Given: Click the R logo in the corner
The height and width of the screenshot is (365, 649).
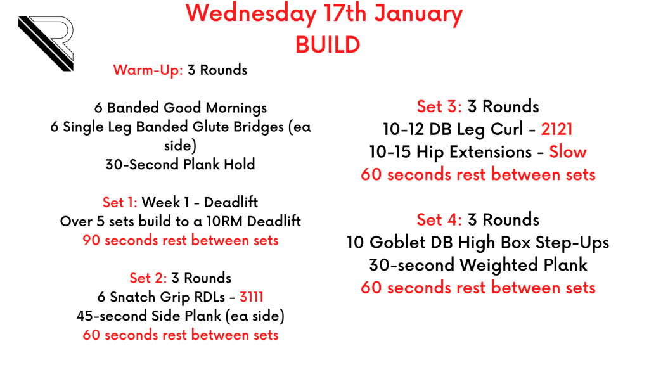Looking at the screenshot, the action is (x=46, y=44).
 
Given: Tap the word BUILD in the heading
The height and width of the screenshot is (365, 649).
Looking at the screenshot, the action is (x=328, y=45).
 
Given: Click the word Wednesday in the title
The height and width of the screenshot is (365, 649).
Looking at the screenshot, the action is (x=251, y=14).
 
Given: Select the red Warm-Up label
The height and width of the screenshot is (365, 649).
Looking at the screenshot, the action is (x=148, y=70).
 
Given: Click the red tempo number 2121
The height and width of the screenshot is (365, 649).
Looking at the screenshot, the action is (x=556, y=129).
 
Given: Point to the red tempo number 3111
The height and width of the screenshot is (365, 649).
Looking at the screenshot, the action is (x=251, y=297).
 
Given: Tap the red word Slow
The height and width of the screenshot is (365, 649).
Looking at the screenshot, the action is (x=567, y=152).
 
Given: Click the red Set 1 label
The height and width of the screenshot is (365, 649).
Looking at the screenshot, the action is (x=120, y=202).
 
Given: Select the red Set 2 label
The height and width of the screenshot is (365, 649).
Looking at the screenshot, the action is (x=148, y=278).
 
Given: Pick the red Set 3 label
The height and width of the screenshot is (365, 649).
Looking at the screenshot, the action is (x=439, y=106).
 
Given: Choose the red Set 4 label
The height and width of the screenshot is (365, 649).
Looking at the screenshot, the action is (x=439, y=220).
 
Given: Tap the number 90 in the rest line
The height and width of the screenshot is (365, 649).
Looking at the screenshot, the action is (x=91, y=240).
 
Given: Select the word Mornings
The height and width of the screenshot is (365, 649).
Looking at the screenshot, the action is (x=236, y=108).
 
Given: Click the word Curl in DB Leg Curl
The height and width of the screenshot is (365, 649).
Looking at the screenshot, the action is (x=507, y=129).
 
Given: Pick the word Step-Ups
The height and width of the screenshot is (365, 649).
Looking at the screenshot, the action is (x=572, y=243).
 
